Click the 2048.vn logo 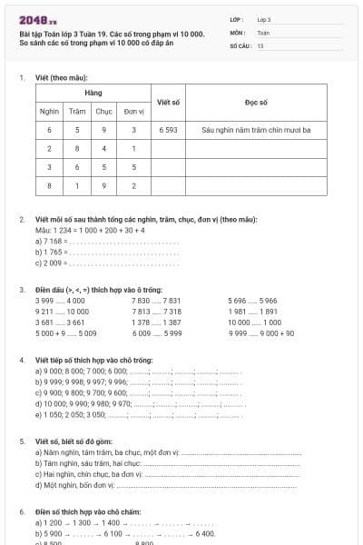37,20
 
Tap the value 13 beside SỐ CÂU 260,45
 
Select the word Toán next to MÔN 263,32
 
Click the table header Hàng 93,94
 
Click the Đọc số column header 256,102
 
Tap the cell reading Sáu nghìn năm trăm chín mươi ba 256,130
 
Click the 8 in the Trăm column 78,149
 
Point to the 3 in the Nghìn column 50,168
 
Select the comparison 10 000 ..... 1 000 254,322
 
